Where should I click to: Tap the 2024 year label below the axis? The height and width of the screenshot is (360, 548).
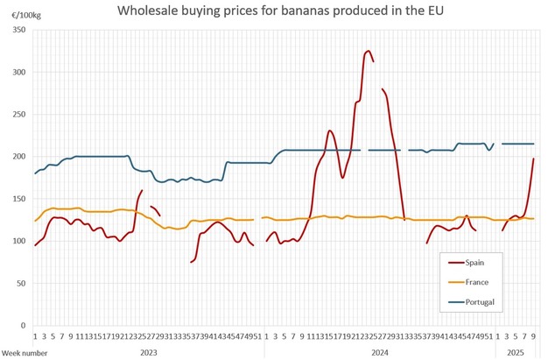click(x=380, y=351)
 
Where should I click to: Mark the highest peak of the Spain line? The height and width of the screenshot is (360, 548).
click(x=369, y=51)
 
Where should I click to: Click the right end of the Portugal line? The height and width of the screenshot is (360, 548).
click(x=533, y=144)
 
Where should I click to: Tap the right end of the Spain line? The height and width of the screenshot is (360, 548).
click(x=533, y=159)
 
